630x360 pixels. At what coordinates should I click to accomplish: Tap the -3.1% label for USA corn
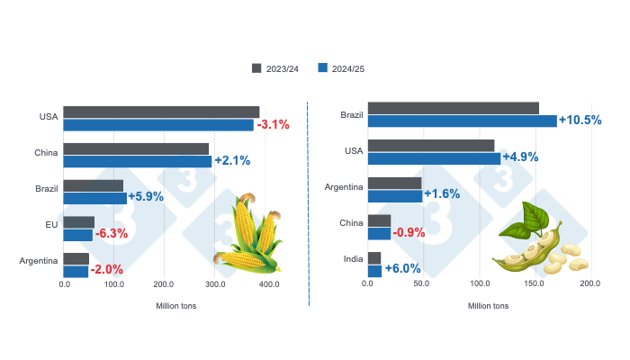(x=273, y=124)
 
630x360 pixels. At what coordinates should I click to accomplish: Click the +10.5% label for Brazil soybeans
(x=580, y=120)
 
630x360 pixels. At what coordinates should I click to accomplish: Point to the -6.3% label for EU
(x=111, y=233)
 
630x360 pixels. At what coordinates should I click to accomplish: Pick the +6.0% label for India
(x=402, y=268)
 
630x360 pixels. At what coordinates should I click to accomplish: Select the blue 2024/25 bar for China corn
(x=138, y=161)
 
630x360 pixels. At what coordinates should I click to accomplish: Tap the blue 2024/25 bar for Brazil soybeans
(x=462, y=121)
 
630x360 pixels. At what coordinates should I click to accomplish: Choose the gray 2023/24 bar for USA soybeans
(x=431, y=145)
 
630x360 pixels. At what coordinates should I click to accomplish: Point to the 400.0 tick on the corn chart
(x=267, y=284)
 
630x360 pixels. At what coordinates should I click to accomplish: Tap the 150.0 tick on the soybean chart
(x=534, y=284)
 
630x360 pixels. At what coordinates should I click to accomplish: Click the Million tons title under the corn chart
(x=176, y=306)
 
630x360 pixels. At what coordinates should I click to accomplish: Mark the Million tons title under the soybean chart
(x=488, y=306)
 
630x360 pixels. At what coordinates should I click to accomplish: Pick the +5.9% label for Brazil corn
(x=146, y=196)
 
